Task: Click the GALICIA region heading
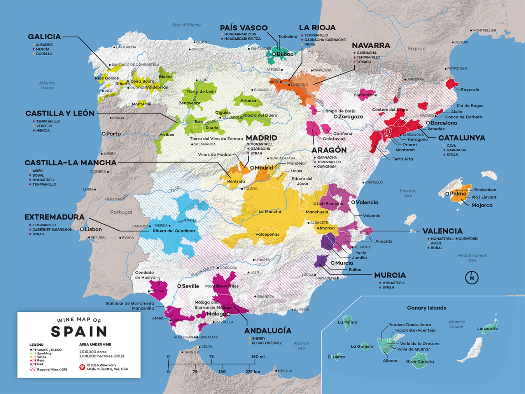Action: (x=44, y=37)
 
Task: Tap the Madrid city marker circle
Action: (x=252, y=168)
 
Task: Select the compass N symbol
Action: (x=472, y=278)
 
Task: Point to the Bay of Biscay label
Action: (x=186, y=25)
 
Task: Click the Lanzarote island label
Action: (x=487, y=329)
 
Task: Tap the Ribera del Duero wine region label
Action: (x=260, y=115)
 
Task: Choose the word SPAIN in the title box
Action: (x=79, y=332)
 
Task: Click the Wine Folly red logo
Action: (x=82, y=367)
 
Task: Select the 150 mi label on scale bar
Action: (x=257, y=357)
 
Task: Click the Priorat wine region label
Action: (x=410, y=145)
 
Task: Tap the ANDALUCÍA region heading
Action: (x=268, y=331)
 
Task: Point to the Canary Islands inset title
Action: (x=426, y=308)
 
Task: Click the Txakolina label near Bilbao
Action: (x=287, y=37)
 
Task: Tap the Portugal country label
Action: (x=121, y=212)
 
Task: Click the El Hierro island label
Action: (x=336, y=357)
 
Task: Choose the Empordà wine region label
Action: (x=470, y=90)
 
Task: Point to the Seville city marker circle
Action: (x=179, y=286)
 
